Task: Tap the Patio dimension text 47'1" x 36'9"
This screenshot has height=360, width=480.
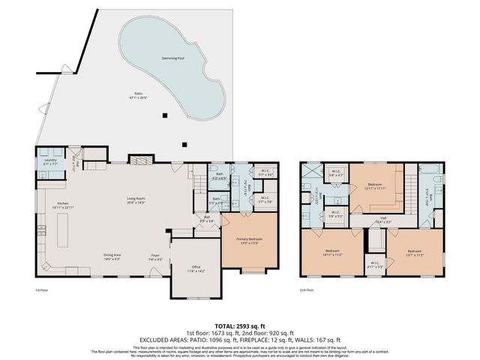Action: tap(134, 97)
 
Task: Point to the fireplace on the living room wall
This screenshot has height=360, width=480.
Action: tap(139, 158)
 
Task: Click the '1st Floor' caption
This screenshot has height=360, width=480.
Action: tap(42, 289)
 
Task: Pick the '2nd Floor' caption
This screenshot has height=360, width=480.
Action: tap(306, 289)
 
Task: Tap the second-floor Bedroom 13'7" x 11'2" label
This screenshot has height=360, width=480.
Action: tap(415, 252)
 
